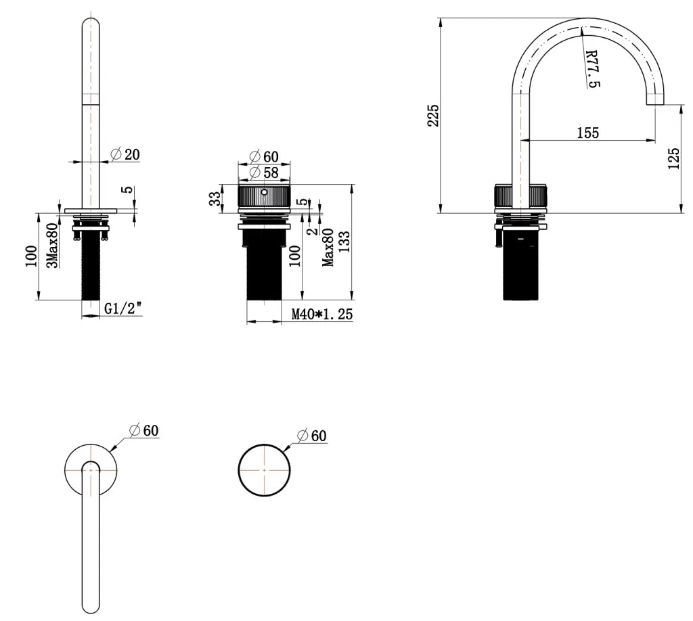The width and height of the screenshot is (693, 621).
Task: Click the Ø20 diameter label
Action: [125, 154]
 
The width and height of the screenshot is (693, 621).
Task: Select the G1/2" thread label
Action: [122, 309]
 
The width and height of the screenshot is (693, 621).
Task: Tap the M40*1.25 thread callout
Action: [321, 314]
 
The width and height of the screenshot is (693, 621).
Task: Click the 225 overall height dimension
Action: [434, 115]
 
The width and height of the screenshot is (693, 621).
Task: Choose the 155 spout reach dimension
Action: [587, 133]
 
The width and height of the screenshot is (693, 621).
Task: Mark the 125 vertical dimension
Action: [673, 158]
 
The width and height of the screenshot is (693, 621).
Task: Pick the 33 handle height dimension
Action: [215, 198]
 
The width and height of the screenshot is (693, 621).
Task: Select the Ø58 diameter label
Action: [264, 173]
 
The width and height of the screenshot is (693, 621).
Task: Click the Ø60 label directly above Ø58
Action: [264, 157]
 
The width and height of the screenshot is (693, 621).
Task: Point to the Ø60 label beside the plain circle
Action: [312, 436]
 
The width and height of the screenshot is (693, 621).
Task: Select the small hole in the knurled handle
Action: [265, 192]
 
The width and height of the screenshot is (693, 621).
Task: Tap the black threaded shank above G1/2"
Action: [91, 271]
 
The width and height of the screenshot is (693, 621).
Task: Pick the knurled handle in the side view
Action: [520, 198]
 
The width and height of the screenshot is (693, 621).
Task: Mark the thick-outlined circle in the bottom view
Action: [265, 469]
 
